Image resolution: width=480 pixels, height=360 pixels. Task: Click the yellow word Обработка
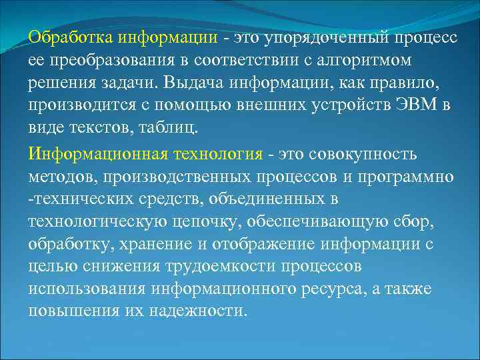(x=63, y=38)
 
